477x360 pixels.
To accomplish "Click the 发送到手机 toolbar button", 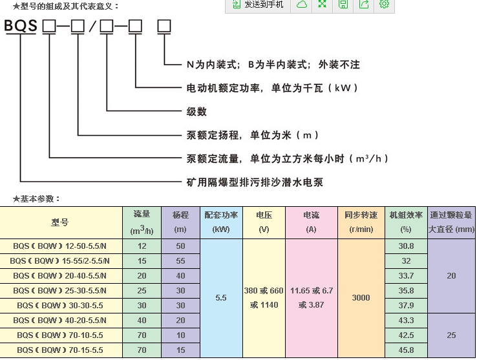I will (x=257, y=5).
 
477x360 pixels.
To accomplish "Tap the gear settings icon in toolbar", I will (x=385, y=5).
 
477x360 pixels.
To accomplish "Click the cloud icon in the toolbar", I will (x=302, y=5).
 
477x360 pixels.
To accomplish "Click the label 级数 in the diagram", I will (x=196, y=111).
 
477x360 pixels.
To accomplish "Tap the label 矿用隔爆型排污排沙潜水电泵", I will (x=255, y=182).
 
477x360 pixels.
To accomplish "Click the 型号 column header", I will (x=60, y=222).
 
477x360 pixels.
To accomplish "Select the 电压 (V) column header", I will (x=264, y=222).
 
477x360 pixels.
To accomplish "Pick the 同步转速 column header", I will (x=361, y=222).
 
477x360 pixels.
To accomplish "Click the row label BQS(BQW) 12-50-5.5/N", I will (x=60, y=246).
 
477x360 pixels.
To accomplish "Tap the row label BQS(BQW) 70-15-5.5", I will (x=60, y=350).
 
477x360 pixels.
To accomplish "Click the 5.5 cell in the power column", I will (x=221, y=299).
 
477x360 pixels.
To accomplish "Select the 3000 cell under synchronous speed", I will (x=361, y=298).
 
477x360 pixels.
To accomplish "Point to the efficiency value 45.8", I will (x=406, y=350).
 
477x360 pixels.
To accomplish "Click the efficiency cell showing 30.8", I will (x=406, y=246).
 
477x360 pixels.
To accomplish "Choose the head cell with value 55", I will (x=180, y=261).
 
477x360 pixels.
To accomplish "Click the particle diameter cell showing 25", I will (x=451, y=335).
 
